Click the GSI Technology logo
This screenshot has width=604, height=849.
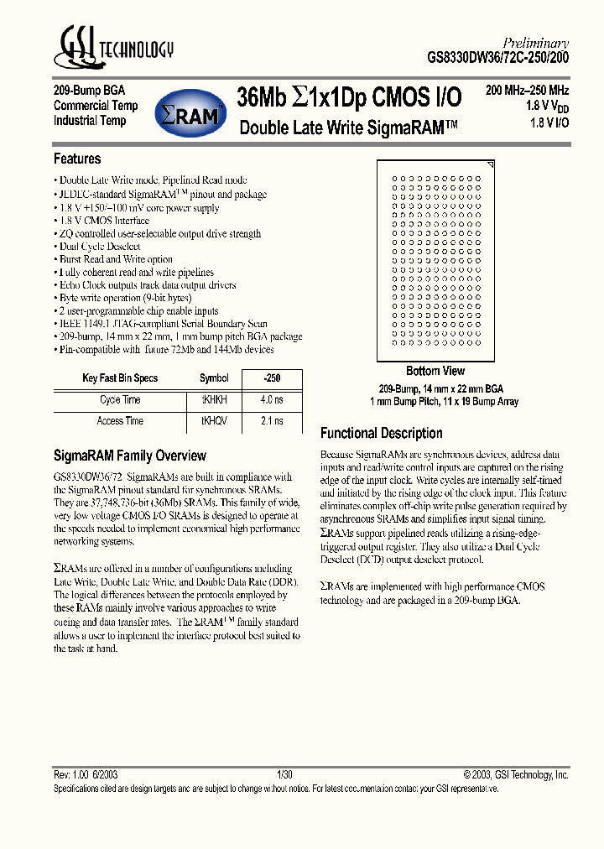tap(113, 48)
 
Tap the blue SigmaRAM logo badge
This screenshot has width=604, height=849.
tap(192, 113)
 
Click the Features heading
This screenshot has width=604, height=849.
tap(77, 159)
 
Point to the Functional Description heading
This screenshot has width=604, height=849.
tap(382, 433)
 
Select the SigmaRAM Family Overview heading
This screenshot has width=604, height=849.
tap(129, 456)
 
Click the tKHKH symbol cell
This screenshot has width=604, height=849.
tap(214, 399)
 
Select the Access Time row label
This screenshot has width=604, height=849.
tap(121, 420)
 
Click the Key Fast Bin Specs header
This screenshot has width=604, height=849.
tap(120, 378)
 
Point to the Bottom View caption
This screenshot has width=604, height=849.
tap(435, 371)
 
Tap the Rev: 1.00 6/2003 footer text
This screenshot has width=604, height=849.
tap(86, 776)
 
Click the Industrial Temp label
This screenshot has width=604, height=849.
tap(90, 121)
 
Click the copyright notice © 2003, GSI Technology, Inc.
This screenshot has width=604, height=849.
tap(516, 776)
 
